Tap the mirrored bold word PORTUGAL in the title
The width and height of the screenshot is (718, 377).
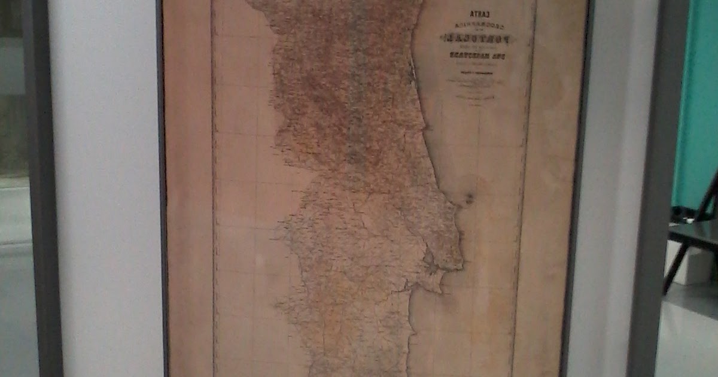click(477, 39)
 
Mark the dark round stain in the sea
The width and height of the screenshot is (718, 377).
click(469, 198)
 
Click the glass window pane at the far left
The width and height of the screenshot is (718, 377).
click(12, 90)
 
